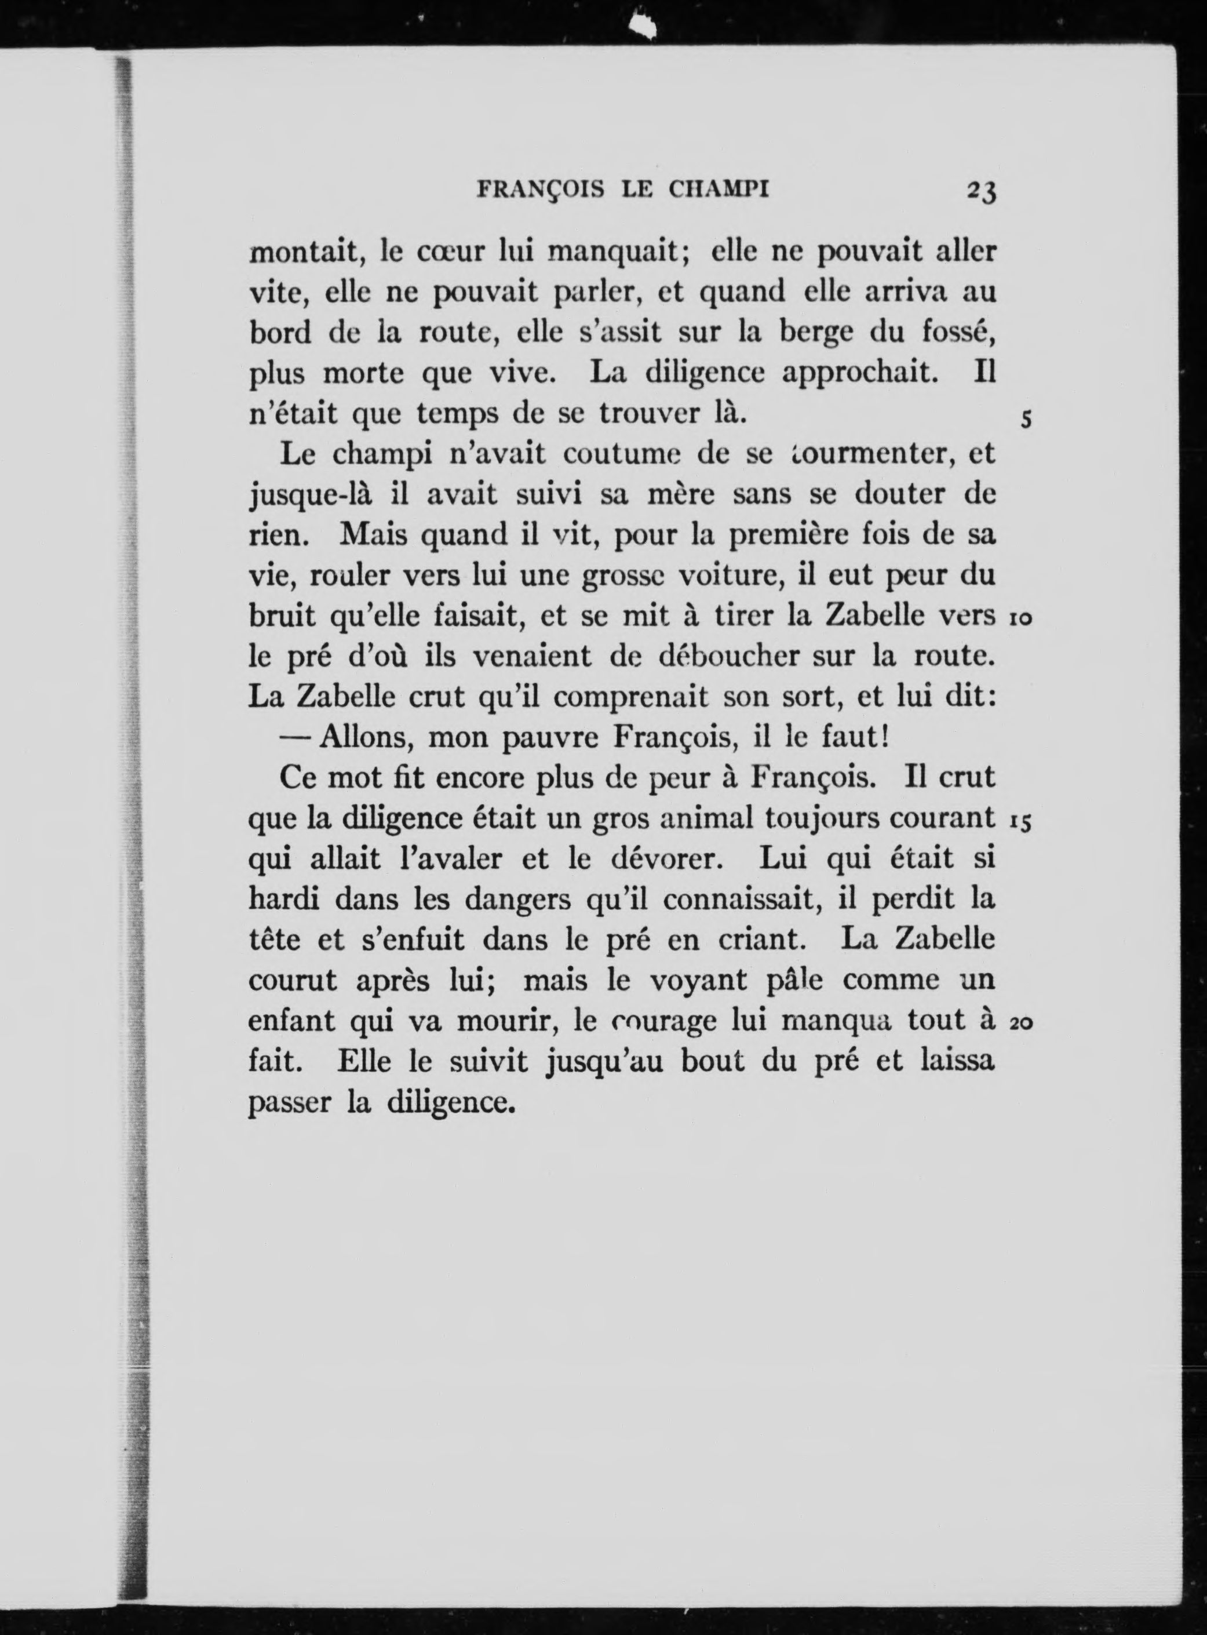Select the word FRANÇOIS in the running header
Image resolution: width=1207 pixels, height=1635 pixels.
point(540,191)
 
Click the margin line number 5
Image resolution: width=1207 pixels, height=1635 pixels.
point(1026,420)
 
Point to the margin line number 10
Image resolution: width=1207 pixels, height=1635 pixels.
point(1020,618)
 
